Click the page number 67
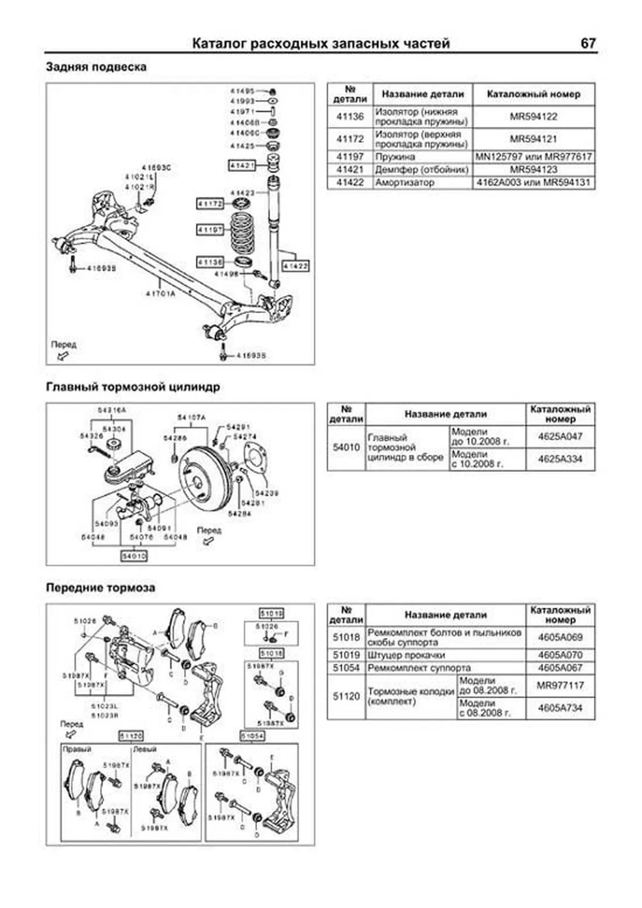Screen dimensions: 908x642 [587, 43]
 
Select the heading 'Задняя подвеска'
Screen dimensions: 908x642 [96, 67]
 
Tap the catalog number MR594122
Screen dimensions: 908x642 [533, 117]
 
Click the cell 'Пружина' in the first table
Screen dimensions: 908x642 [395, 157]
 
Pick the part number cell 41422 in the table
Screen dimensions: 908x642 [350, 182]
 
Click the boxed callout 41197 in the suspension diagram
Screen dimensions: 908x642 [210, 230]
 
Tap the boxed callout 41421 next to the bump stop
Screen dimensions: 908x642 [242, 166]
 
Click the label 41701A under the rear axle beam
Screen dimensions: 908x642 [160, 293]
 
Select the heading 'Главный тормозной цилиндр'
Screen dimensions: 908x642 [133, 387]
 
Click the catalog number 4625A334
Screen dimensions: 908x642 [560, 459]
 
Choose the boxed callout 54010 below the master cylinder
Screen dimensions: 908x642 [134, 556]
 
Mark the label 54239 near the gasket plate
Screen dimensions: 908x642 [266, 493]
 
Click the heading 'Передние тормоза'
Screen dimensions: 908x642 [101, 587]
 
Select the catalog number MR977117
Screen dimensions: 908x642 [560, 685]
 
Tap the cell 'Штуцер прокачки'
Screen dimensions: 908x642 [406, 655]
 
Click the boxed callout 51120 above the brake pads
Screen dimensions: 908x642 [131, 736]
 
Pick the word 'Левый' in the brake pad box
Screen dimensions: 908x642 [144, 749]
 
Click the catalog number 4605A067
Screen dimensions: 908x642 [560, 668]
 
